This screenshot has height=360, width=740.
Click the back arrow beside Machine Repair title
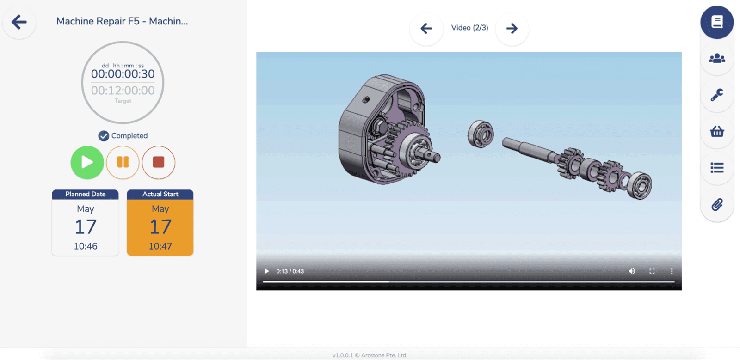[x=19, y=22]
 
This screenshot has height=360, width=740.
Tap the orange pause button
[x=123, y=162]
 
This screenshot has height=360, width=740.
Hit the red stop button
[x=159, y=162]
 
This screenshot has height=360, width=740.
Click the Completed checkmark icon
[x=104, y=136]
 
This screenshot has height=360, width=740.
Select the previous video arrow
[x=426, y=28]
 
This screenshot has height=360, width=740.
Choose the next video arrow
[x=512, y=28]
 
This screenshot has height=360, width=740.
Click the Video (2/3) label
[x=469, y=28]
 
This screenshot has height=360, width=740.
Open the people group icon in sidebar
[x=717, y=58]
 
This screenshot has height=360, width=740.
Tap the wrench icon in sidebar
[x=717, y=95]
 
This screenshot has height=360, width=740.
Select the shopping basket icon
[x=717, y=131]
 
